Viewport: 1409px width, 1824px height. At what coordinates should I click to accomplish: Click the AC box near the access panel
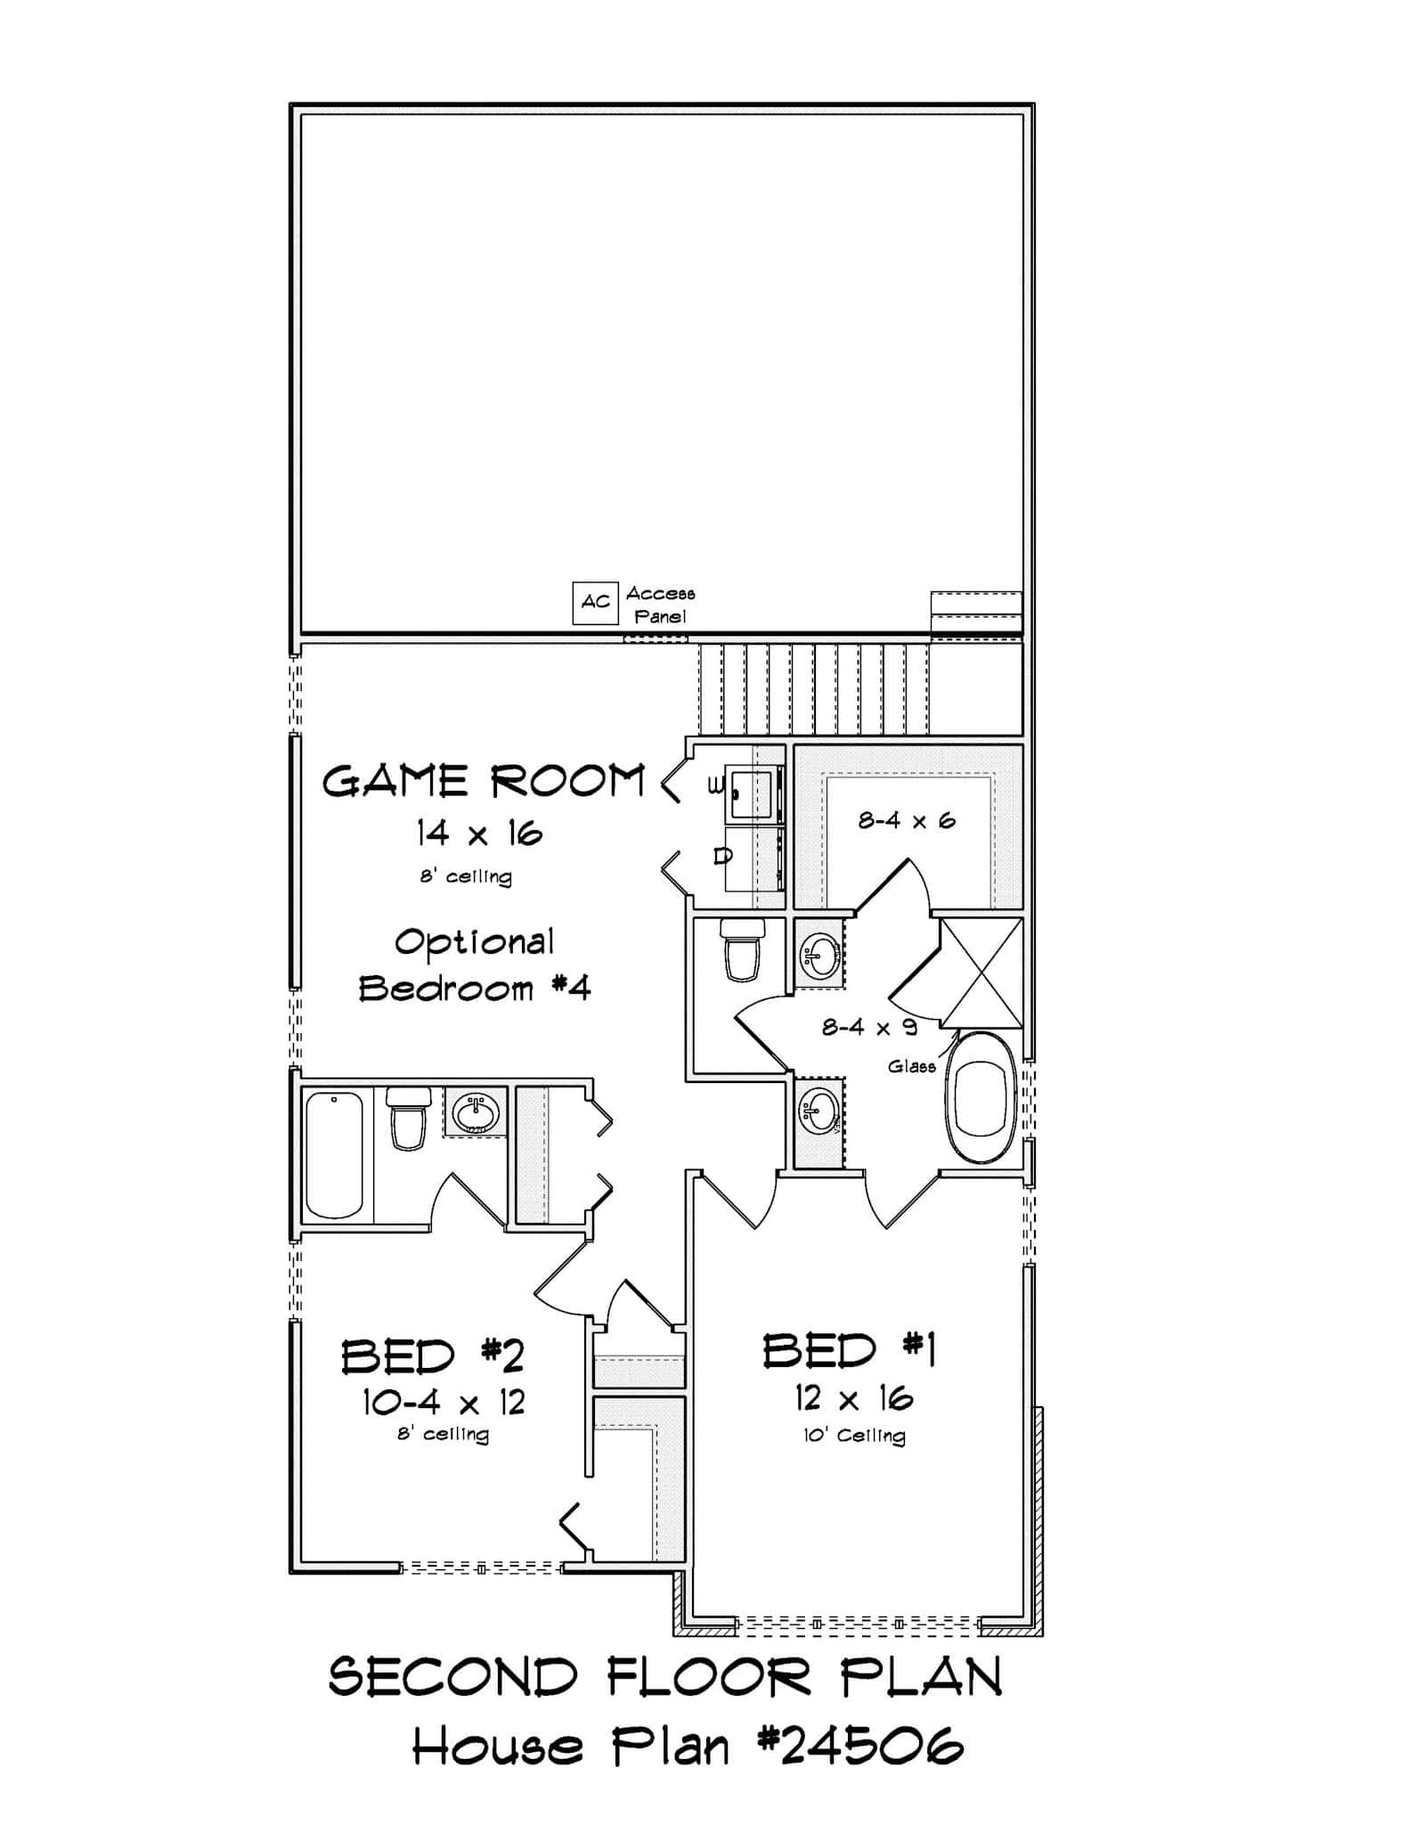coord(594,602)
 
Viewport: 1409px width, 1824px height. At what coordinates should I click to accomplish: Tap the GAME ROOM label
coord(483,781)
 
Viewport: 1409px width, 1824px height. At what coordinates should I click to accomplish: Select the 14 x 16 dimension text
coord(479,835)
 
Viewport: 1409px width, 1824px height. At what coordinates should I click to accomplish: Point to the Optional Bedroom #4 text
coord(475,965)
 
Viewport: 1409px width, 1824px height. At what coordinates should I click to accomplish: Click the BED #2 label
coord(433,1357)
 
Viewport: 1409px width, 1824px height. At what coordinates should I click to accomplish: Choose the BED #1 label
coord(849,1350)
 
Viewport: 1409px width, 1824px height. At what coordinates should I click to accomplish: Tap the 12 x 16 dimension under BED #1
coord(853,1399)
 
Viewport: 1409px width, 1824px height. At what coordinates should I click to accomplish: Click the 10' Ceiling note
coord(854,1436)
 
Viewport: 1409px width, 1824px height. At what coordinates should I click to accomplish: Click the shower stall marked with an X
coord(981,973)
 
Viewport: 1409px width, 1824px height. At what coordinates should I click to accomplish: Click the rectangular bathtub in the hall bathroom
coord(334,1155)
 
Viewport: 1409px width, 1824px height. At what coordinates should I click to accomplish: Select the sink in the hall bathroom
coord(475,1111)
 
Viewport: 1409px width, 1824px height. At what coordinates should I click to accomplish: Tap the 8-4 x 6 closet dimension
coord(906,820)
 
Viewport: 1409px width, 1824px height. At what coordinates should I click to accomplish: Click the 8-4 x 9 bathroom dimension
coord(868,1027)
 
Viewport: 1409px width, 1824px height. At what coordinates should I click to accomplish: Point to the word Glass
coord(911,1066)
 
